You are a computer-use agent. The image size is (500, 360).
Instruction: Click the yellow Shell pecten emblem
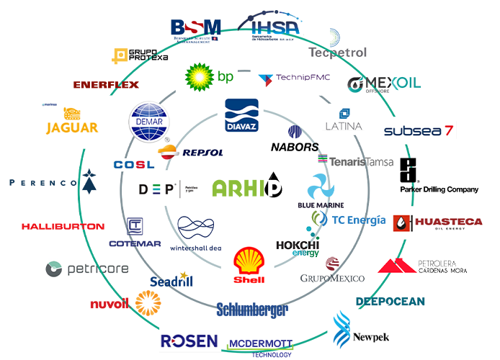(250, 261)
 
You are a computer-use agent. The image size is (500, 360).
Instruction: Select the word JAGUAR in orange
(71, 128)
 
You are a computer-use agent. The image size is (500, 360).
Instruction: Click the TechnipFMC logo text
(302, 77)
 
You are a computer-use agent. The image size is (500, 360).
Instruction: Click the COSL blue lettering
(134, 164)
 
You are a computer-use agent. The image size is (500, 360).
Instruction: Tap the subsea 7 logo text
(419, 131)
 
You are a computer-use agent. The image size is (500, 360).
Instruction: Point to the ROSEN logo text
(189, 341)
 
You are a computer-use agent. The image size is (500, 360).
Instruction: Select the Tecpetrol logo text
(336, 53)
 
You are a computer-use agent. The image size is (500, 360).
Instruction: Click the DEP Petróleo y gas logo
(165, 190)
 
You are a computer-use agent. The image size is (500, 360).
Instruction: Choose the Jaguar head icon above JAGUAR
(71, 114)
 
